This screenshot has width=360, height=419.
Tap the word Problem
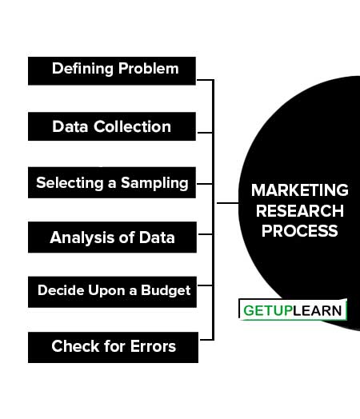coord(149,69)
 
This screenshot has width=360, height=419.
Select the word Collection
coord(132,126)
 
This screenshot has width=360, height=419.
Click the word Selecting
coord(70,184)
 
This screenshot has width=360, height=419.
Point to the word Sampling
coord(154,184)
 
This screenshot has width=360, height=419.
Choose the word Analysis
coord(82,237)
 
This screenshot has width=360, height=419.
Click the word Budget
coord(166,291)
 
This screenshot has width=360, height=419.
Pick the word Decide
coord(61,290)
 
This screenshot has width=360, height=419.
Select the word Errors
coord(153,346)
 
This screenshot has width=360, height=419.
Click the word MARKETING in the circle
coord(299,190)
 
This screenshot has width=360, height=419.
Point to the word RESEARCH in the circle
coord(300,211)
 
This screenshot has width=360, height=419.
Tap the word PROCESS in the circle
coord(300,231)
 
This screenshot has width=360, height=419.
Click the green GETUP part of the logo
coord(268,310)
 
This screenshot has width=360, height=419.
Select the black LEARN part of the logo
coord(318,310)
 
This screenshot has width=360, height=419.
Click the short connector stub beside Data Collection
coord(205,132)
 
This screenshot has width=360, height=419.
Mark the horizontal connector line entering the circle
coord(227,203)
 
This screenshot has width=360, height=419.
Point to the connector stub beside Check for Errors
coord(206,340)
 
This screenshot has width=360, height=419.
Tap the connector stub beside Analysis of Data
coord(206,234)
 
